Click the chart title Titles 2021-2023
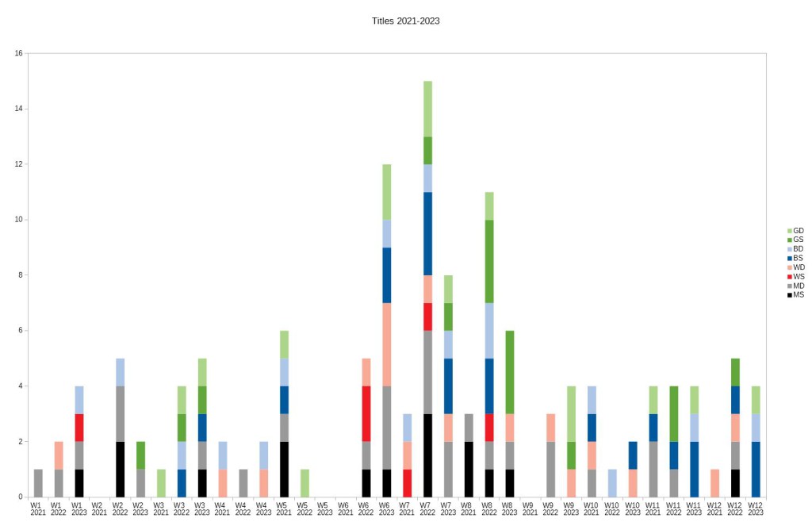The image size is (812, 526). click(x=405, y=21)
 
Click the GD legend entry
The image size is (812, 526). click(x=795, y=230)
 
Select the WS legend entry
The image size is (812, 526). click(x=795, y=276)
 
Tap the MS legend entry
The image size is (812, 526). click(x=795, y=295)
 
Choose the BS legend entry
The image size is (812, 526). click(x=795, y=258)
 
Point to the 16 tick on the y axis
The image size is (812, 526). click(x=18, y=53)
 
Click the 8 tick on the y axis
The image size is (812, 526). click(x=20, y=275)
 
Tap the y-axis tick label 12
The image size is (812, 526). click(x=18, y=164)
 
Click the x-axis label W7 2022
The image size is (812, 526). click(x=427, y=508)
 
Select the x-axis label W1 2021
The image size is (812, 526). click(x=37, y=508)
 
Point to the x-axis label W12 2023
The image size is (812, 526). click(x=755, y=508)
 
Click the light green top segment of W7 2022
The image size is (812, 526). click(x=427, y=109)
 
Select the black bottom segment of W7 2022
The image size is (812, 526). click(x=427, y=455)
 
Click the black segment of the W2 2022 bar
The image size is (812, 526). click(x=120, y=469)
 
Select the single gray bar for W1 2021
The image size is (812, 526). click(x=38, y=483)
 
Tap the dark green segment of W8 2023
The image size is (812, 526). click(x=510, y=372)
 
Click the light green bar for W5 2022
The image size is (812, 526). click(x=304, y=483)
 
